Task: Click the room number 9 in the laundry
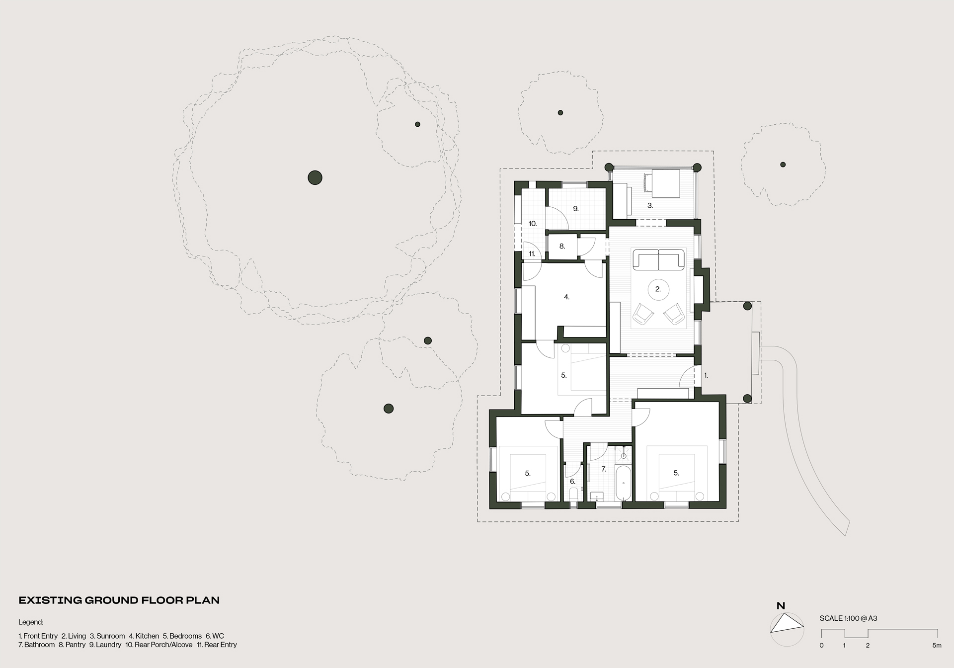(576, 209)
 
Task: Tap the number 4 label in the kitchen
(566, 297)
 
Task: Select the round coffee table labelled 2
(658, 289)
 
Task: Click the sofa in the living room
(658, 260)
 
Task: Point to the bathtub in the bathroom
(623, 483)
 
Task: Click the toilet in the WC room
(573, 495)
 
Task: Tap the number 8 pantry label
(562, 246)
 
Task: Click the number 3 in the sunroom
(650, 205)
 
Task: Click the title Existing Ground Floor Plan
(119, 600)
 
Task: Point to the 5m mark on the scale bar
(937, 646)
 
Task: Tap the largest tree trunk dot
(315, 177)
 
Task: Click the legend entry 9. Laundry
(105, 645)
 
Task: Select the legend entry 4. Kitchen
(144, 636)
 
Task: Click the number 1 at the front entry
(706, 376)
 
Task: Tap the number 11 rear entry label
(532, 254)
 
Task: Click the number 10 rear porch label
(533, 224)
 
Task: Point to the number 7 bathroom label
(604, 469)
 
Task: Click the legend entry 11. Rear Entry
(217, 645)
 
